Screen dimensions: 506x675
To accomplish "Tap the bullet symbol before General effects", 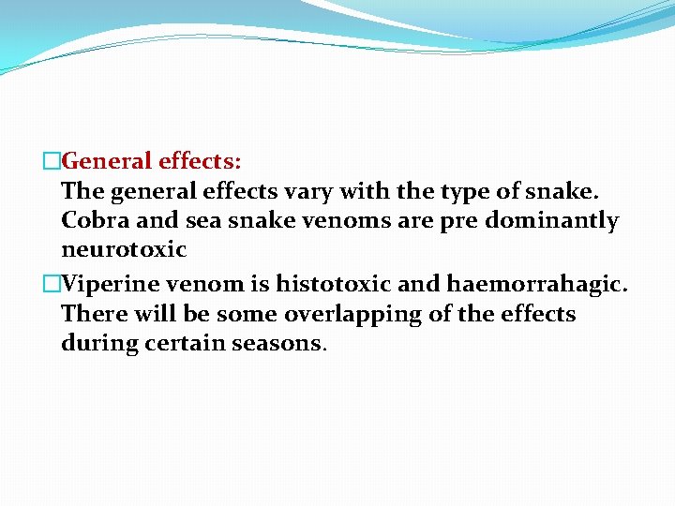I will point(52,161).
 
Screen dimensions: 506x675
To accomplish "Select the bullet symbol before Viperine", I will point(52,283).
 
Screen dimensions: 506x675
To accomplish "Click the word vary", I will point(304,191).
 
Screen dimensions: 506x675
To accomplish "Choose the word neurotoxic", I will point(124,251).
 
